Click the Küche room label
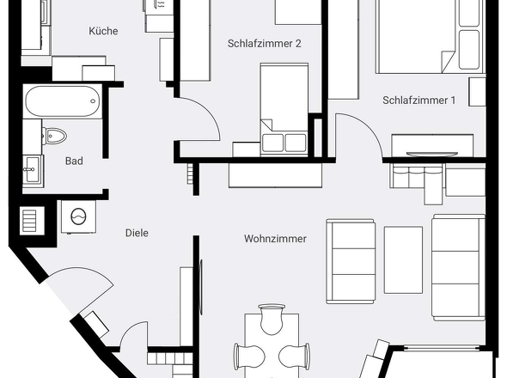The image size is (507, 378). (x=103, y=31)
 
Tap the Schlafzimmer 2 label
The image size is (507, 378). (x=264, y=44)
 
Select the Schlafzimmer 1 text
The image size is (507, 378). (x=419, y=101)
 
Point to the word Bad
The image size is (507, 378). (x=74, y=161)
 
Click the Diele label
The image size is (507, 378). (x=137, y=233)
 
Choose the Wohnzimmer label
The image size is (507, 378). (x=275, y=239)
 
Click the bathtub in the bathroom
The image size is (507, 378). (x=63, y=101)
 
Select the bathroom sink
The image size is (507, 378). (x=33, y=169)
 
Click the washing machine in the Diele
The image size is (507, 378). (x=78, y=216)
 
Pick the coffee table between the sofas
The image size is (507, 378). (x=403, y=260)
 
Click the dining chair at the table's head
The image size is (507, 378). (x=272, y=319)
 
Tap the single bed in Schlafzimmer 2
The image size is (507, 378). (x=284, y=108)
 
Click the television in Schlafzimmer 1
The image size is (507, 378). (x=432, y=154)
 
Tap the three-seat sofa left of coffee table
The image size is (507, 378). (x=351, y=261)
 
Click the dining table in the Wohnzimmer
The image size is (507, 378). (x=272, y=345)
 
